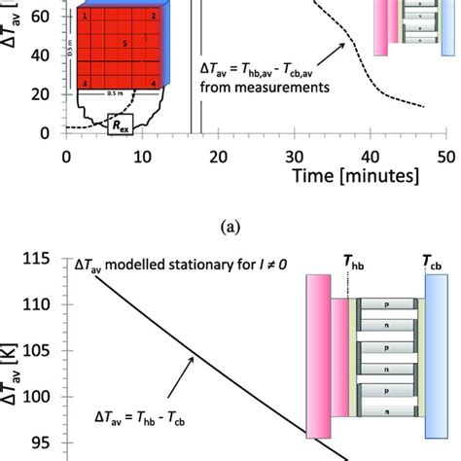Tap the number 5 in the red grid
(125, 44)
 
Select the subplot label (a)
(230, 225)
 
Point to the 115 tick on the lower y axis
(42, 260)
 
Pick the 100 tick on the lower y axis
(42, 396)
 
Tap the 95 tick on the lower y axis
(45, 442)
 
